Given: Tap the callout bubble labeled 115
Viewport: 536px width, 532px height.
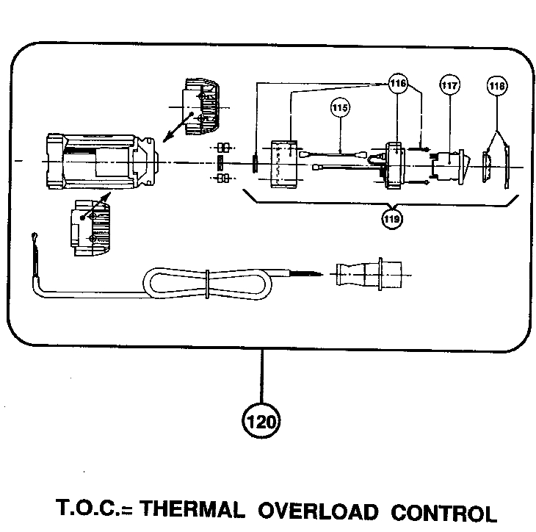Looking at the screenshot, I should point(339,108).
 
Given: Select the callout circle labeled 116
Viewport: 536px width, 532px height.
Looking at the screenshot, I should point(397,84).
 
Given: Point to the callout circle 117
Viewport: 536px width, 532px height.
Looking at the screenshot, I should point(449,86).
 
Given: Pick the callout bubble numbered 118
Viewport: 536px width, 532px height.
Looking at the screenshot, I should point(497,87).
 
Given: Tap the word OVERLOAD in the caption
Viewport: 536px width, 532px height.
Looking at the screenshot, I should point(318,510).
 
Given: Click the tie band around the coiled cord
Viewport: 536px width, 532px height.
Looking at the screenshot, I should point(209,282).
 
